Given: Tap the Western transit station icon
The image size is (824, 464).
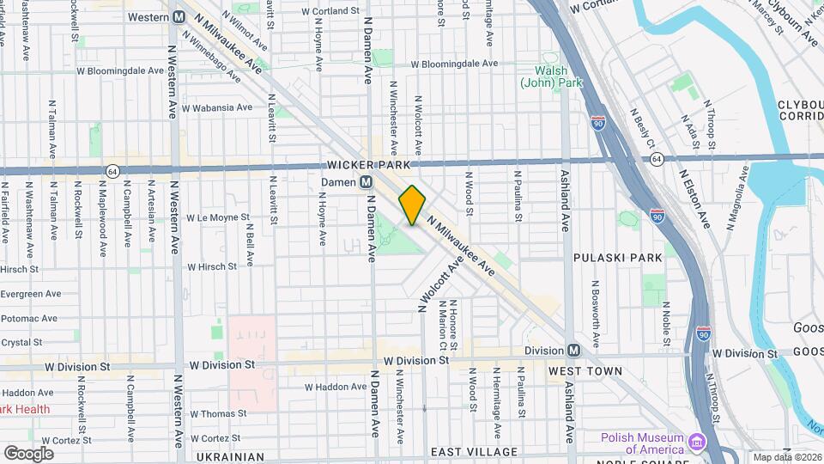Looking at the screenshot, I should click(180, 17).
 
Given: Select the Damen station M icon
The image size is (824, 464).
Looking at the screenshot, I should click(366, 182).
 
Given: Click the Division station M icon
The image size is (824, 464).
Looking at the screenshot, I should click(573, 351).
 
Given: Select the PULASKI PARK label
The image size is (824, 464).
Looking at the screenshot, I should click(619, 257).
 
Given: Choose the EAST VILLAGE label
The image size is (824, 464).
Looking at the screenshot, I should click(474, 452).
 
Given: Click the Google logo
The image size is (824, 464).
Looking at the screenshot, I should click(28, 453).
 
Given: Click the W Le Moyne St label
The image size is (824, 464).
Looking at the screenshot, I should click(217, 218).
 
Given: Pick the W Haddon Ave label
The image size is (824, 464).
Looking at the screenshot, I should click(336, 387).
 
